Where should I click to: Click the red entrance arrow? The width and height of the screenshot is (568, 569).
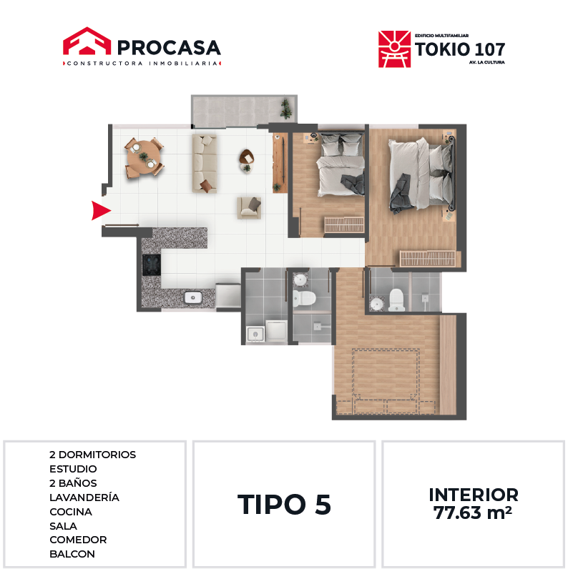[x=100, y=210]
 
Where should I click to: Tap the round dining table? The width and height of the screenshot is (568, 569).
[x=144, y=157]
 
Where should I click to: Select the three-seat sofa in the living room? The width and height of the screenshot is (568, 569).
[x=205, y=163]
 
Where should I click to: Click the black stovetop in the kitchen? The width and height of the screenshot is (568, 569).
[x=152, y=265]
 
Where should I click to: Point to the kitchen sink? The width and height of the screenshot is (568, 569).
[x=193, y=297]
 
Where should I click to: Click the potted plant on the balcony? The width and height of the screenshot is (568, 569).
[x=286, y=109]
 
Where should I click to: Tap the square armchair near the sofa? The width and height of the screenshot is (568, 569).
[x=249, y=208]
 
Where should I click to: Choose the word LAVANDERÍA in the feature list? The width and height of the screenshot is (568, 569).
[x=84, y=497]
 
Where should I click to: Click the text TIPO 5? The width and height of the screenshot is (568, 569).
[x=284, y=505]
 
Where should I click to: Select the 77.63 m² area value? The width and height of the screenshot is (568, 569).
[x=472, y=513]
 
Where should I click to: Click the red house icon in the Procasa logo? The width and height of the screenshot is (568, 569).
[x=87, y=41]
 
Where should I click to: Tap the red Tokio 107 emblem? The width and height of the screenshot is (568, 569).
[x=394, y=49]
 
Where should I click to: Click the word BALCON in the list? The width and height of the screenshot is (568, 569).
[x=72, y=554]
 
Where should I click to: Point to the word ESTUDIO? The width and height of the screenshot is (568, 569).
[x=73, y=469]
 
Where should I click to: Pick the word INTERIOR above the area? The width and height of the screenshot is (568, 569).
[x=474, y=495]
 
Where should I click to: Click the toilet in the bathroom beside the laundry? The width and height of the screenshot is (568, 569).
[x=304, y=298]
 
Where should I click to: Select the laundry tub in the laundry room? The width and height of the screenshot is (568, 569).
[x=255, y=334]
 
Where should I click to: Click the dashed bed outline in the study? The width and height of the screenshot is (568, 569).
[x=386, y=381]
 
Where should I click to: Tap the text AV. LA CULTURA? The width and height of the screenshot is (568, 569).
[x=486, y=62]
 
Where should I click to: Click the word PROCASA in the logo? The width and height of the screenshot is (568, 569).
[x=169, y=48]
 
